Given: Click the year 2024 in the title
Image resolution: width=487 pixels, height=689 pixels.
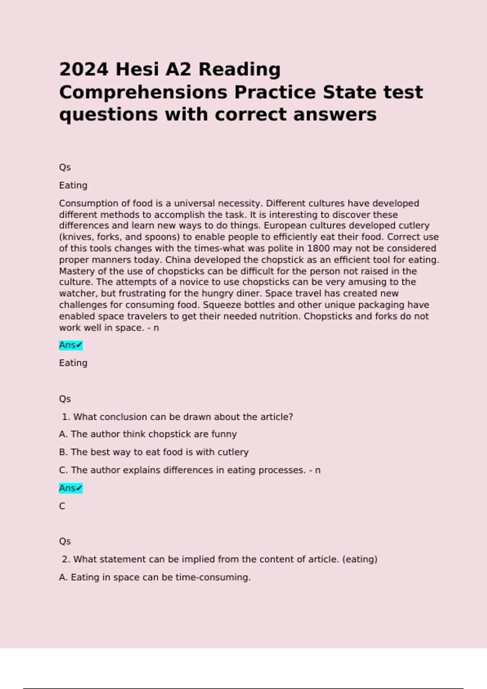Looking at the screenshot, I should (x=84, y=69).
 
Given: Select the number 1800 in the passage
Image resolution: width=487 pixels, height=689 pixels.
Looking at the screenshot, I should (x=319, y=248).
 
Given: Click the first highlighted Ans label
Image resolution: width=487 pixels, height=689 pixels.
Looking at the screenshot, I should (x=71, y=345).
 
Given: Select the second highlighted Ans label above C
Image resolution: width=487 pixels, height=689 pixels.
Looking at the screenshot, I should (x=71, y=488).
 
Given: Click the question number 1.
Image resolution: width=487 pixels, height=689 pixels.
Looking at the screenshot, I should (x=65, y=417).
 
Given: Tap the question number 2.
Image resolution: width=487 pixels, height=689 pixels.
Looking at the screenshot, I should (x=66, y=559).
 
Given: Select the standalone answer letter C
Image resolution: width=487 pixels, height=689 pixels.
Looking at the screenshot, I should (x=62, y=506).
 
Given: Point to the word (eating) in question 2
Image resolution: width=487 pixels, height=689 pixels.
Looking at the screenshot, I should (x=360, y=559).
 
